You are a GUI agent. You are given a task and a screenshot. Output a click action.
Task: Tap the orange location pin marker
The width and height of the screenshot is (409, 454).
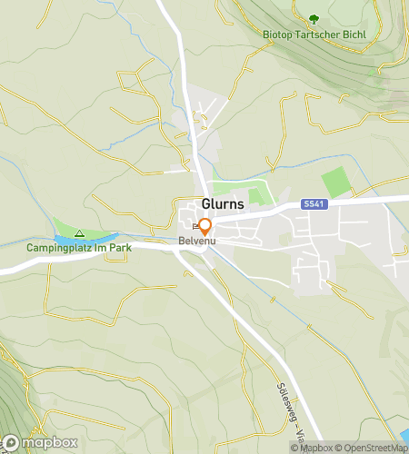[x=205, y=226]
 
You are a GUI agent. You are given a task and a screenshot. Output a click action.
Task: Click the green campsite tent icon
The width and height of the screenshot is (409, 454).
[x=79, y=233]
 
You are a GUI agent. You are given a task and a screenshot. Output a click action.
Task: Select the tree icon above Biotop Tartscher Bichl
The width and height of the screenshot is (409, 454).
[x=314, y=18]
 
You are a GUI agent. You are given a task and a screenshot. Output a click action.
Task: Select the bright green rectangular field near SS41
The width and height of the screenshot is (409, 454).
[x=335, y=181]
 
